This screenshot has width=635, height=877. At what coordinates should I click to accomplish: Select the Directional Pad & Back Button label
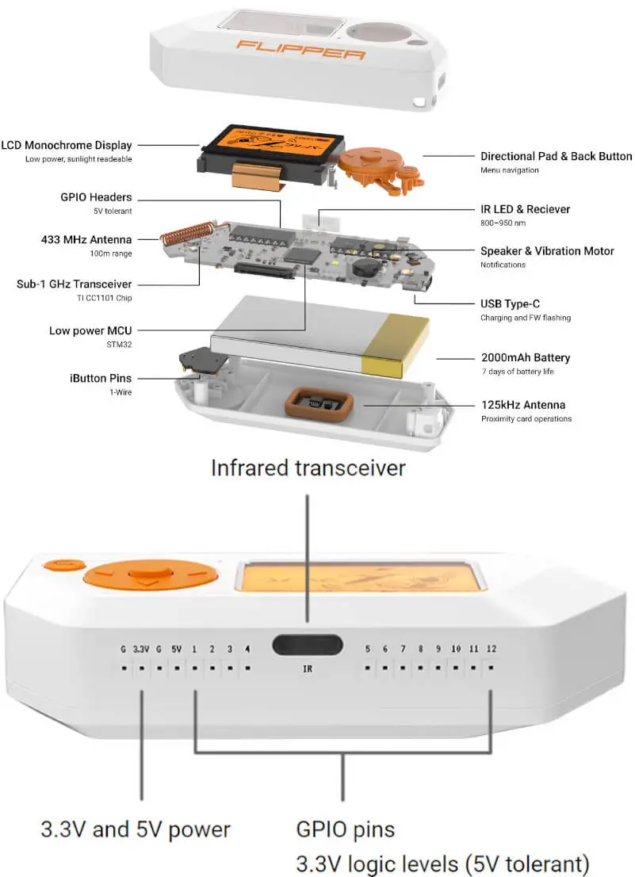click(556, 157)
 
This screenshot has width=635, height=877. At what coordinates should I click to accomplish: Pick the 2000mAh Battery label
click(525, 358)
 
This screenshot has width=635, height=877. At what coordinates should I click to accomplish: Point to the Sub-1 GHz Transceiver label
click(75, 284)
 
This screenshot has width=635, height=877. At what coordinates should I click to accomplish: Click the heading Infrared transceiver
click(308, 467)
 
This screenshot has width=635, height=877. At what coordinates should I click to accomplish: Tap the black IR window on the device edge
click(307, 645)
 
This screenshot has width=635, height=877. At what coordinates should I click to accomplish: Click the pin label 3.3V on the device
click(141, 650)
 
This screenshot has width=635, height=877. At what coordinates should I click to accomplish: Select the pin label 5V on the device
click(177, 650)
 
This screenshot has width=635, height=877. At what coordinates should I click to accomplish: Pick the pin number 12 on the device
click(492, 650)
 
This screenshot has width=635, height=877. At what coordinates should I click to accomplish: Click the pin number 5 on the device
click(367, 650)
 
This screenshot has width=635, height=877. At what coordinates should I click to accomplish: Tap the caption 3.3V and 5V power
click(136, 830)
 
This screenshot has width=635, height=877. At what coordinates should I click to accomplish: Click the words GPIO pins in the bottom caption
click(345, 830)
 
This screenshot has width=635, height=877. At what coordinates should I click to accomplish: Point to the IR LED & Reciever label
click(525, 210)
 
